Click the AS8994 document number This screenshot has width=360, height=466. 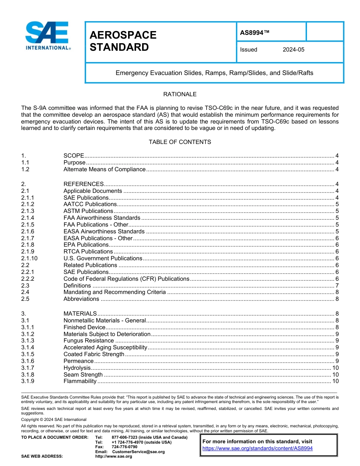point(255,33)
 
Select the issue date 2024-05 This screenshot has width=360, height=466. point(293,50)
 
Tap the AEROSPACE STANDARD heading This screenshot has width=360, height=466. point(123,41)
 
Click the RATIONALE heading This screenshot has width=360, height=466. point(180,94)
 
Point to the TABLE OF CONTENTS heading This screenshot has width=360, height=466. point(180,142)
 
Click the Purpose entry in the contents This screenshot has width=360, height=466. point(74,163)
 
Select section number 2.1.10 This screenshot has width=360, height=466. point(29,258)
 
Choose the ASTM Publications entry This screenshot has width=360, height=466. point(88,211)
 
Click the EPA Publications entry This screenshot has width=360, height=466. point(86,245)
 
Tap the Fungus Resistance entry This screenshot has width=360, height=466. point(88,341)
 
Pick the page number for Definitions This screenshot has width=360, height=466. point(337,286)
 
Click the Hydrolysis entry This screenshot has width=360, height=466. point(77,368)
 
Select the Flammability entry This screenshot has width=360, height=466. point(80,381)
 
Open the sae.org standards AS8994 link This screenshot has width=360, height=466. point(257,448)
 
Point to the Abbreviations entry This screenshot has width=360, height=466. point(81,299)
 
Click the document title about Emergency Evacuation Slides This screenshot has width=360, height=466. point(214,73)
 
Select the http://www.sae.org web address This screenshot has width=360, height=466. point(113,457)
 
